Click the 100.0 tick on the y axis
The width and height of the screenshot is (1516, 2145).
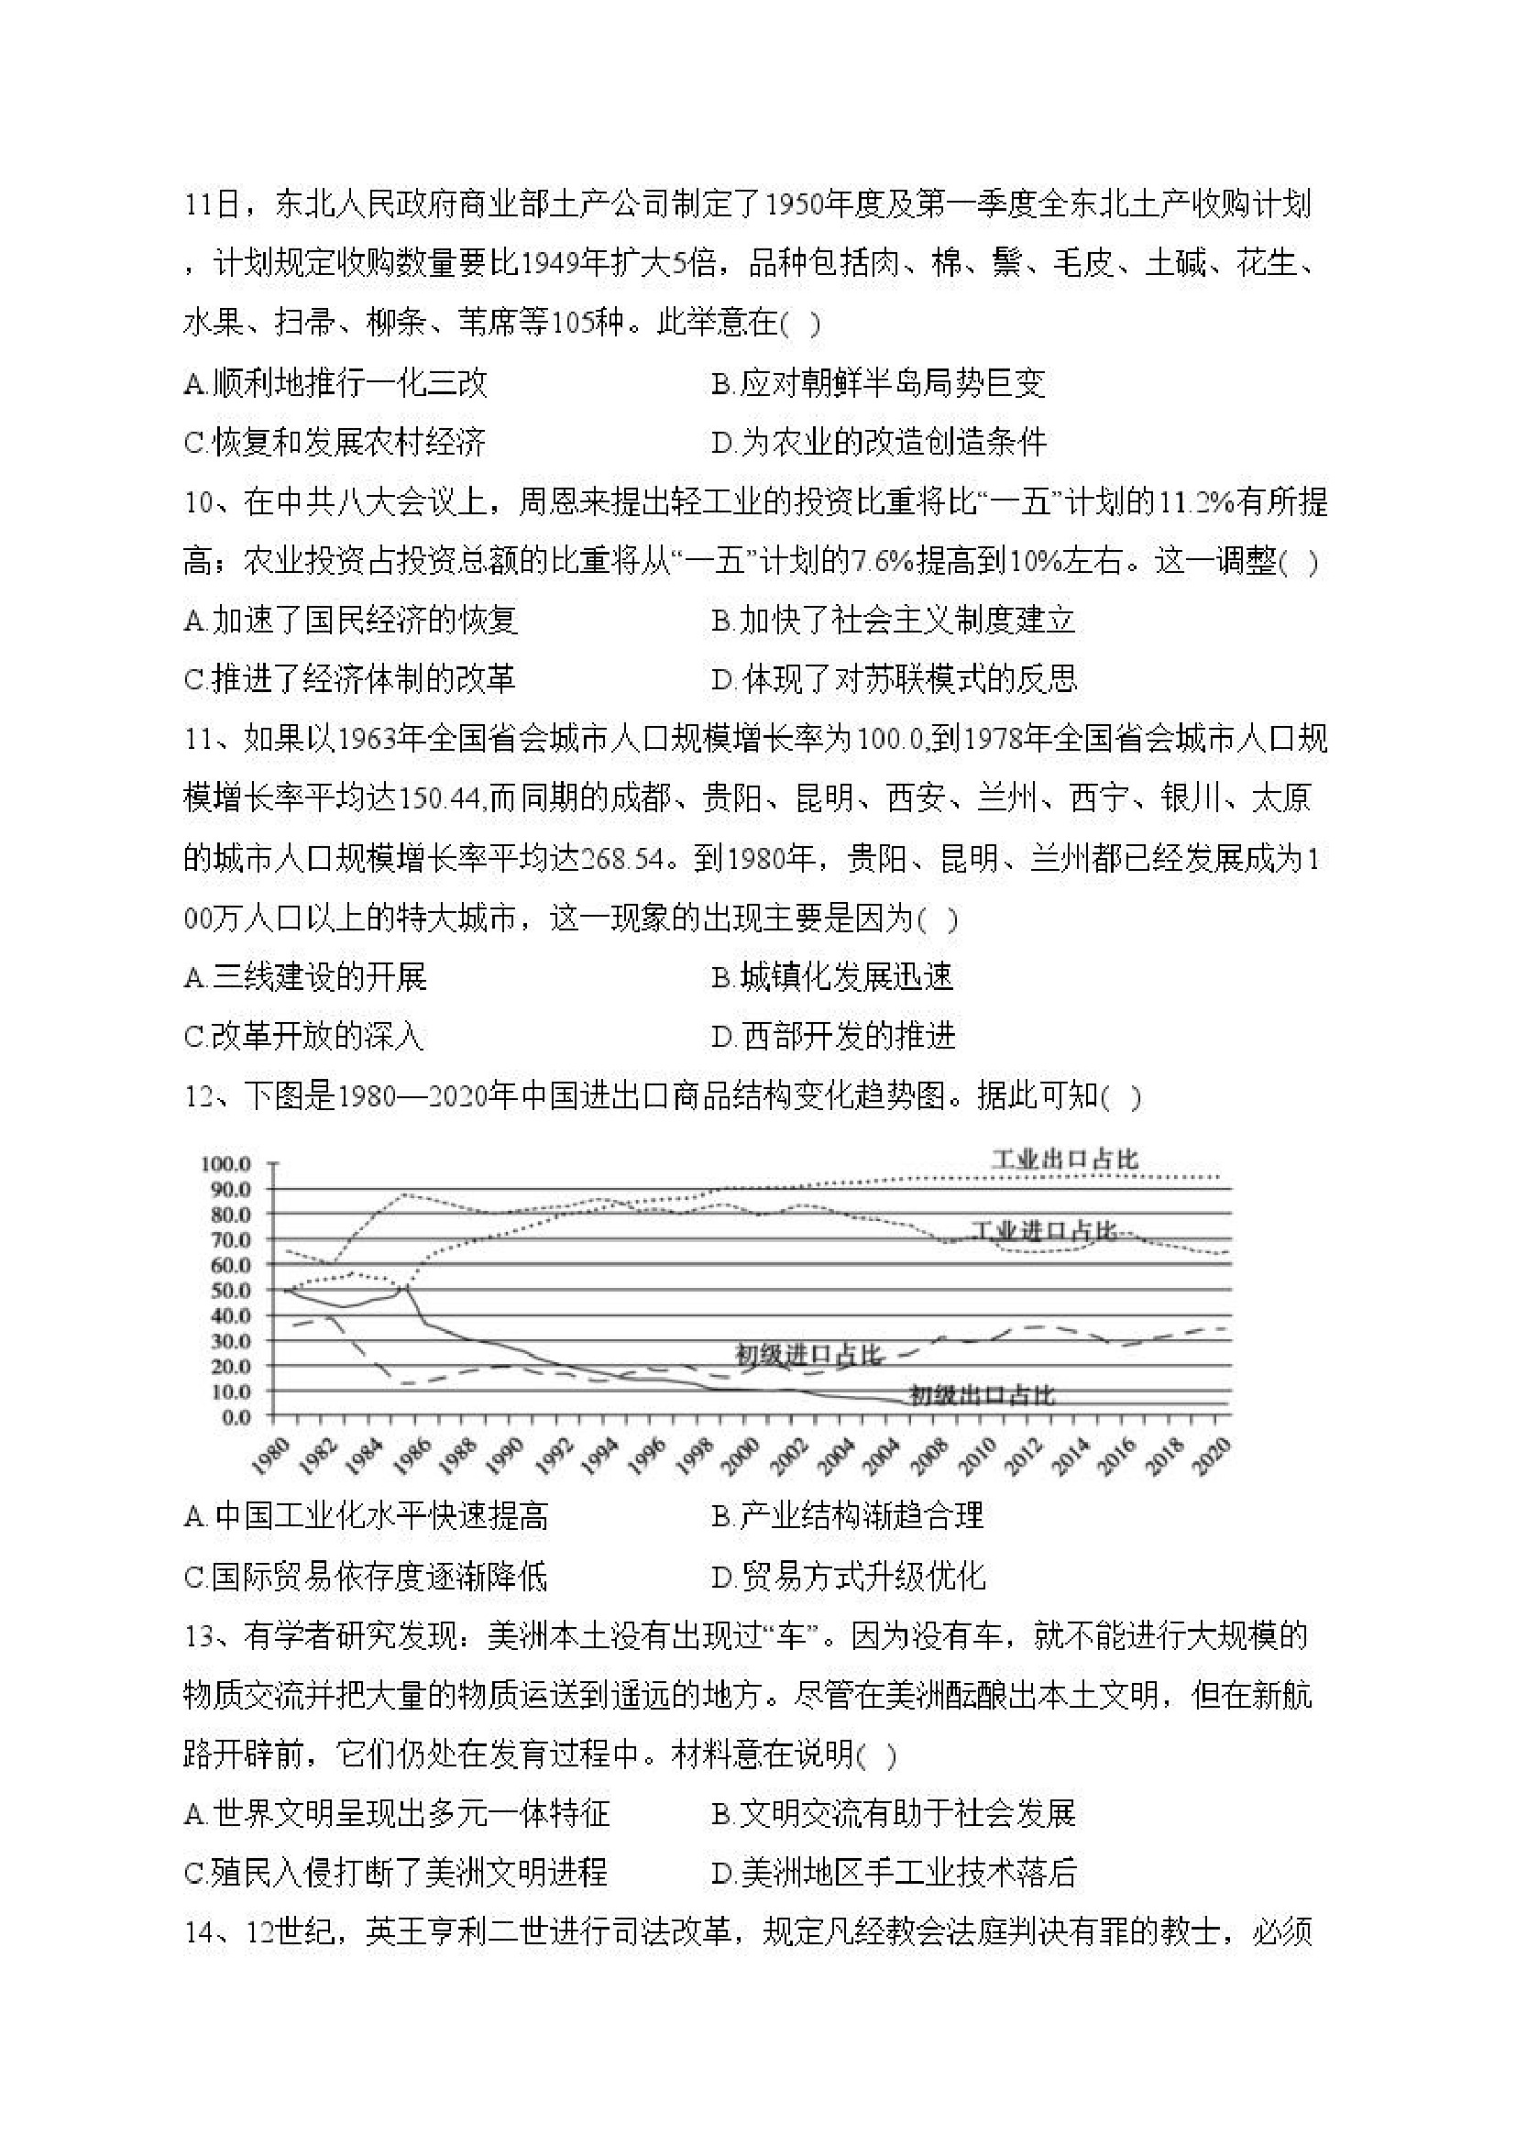click(x=225, y=1164)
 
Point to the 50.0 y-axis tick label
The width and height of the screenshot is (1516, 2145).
click(x=227, y=1290)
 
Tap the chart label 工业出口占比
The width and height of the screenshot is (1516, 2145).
click(x=1064, y=1160)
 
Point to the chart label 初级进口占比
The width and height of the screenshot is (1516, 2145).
click(x=808, y=1355)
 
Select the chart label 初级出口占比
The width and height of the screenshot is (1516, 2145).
click(x=982, y=1396)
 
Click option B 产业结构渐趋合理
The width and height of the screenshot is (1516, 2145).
click(x=847, y=1515)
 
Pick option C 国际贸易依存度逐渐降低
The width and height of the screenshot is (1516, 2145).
click(x=365, y=1577)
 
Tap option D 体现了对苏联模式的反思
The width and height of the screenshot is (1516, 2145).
click(x=894, y=679)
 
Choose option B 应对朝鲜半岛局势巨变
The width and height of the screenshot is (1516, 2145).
click(x=878, y=383)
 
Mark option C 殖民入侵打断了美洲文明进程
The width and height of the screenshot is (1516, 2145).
click(x=396, y=1872)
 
